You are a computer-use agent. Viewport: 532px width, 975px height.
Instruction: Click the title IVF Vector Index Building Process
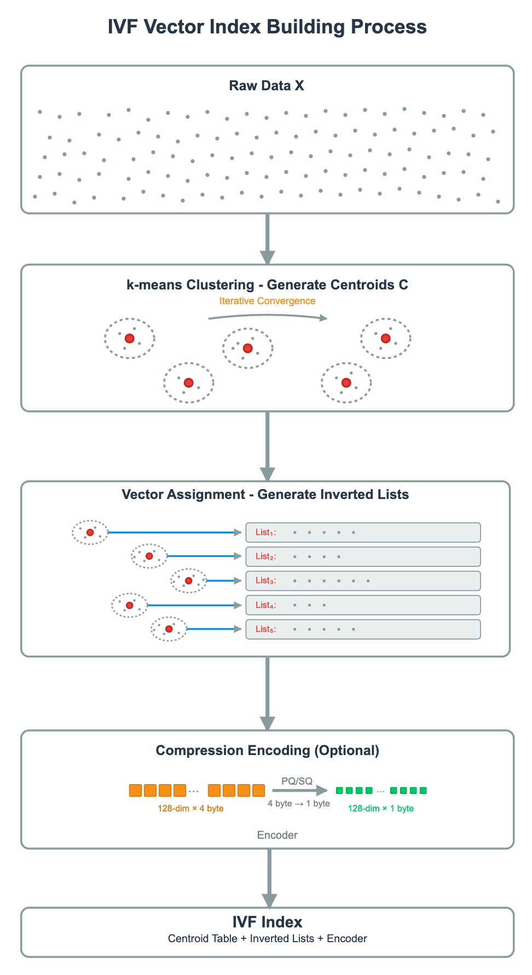(x=267, y=27)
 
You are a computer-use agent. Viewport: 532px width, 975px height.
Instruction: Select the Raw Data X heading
(x=267, y=86)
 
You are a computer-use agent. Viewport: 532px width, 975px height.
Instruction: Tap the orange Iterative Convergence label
(x=267, y=301)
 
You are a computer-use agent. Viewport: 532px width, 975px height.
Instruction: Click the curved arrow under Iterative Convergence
(x=268, y=316)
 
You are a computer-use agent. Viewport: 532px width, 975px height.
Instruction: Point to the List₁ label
(x=265, y=532)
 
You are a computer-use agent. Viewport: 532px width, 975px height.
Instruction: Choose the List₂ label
(x=265, y=556)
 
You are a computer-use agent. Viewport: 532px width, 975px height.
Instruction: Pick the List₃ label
(x=265, y=581)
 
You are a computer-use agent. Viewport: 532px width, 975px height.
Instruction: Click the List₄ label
(x=265, y=605)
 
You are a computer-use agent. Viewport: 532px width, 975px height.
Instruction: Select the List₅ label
(x=265, y=629)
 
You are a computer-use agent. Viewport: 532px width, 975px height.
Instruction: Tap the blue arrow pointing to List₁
(x=175, y=532)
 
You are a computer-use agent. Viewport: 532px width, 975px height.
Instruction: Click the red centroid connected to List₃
(x=188, y=581)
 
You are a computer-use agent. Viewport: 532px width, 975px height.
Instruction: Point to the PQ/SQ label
(x=297, y=781)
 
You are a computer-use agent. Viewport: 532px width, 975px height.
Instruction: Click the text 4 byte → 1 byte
(x=299, y=803)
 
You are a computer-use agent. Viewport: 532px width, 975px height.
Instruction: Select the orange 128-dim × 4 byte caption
(x=190, y=808)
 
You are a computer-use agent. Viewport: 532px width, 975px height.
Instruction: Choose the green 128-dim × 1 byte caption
(x=381, y=808)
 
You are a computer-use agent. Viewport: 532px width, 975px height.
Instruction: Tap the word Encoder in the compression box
(x=277, y=835)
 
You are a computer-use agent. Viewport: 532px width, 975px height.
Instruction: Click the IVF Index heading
(x=267, y=922)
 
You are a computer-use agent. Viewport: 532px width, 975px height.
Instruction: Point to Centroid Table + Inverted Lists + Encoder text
(x=267, y=938)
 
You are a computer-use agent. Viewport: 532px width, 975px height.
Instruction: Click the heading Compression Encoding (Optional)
(x=267, y=750)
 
